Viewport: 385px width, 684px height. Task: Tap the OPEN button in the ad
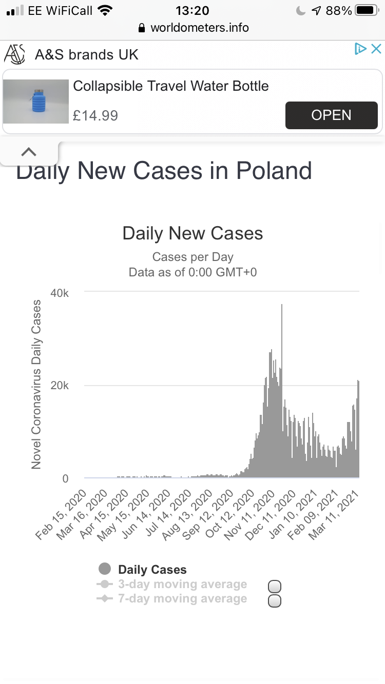[x=331, y=115]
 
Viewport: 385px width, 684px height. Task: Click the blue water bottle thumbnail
[x=36, y=101]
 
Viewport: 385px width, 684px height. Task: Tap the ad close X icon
[x=376, y=49]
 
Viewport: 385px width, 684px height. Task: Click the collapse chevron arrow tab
[x=29, y=152]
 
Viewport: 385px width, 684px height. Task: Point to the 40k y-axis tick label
[x=59, y=293]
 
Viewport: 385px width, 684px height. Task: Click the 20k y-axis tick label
[x=59, y=386]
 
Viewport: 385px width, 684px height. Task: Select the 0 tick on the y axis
[x=65, y=478]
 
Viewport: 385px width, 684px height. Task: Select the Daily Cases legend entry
[x=152, y=570]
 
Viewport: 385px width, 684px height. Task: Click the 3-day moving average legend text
[x=182, y=584]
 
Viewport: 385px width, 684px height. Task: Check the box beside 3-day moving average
[x=275, y=587]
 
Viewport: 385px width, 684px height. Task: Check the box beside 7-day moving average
[x=275, y=601]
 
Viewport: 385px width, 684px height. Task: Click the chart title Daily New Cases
[x=192, y=234]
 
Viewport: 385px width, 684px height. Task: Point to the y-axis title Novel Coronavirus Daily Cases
[x=36, y=385]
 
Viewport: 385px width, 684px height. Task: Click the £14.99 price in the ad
[x=95, y=115]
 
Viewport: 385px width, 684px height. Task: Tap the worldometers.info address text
[x=199, y=28]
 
